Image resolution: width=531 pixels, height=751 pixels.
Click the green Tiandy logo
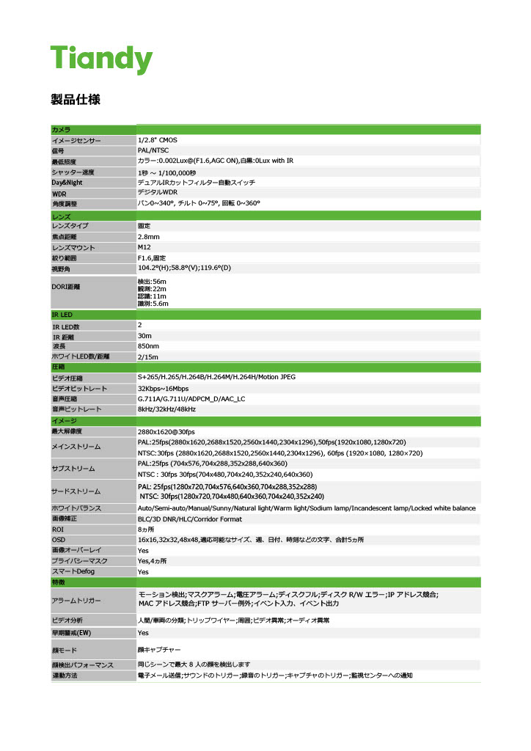pos(101,58)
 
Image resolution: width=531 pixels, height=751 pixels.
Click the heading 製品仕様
pos(76,99)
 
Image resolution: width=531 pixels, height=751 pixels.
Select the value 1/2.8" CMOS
pos(158,139)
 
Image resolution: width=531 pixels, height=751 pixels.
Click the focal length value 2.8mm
pos(149,237)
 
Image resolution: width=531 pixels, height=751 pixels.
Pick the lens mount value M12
pos(144,248)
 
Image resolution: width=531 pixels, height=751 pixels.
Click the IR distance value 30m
pos(145,336)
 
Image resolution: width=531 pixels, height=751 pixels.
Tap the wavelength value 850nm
pos(149,346)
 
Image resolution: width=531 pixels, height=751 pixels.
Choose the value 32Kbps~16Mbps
pos(163,389)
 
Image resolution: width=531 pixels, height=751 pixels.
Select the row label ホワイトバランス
pos(76,508)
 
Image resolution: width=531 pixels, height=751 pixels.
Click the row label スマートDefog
pos(73,571)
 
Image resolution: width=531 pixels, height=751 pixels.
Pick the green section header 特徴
pos(59,582)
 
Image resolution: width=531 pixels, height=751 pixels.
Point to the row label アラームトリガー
pos(76,601)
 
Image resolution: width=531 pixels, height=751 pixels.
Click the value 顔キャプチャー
pos(159,650)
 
